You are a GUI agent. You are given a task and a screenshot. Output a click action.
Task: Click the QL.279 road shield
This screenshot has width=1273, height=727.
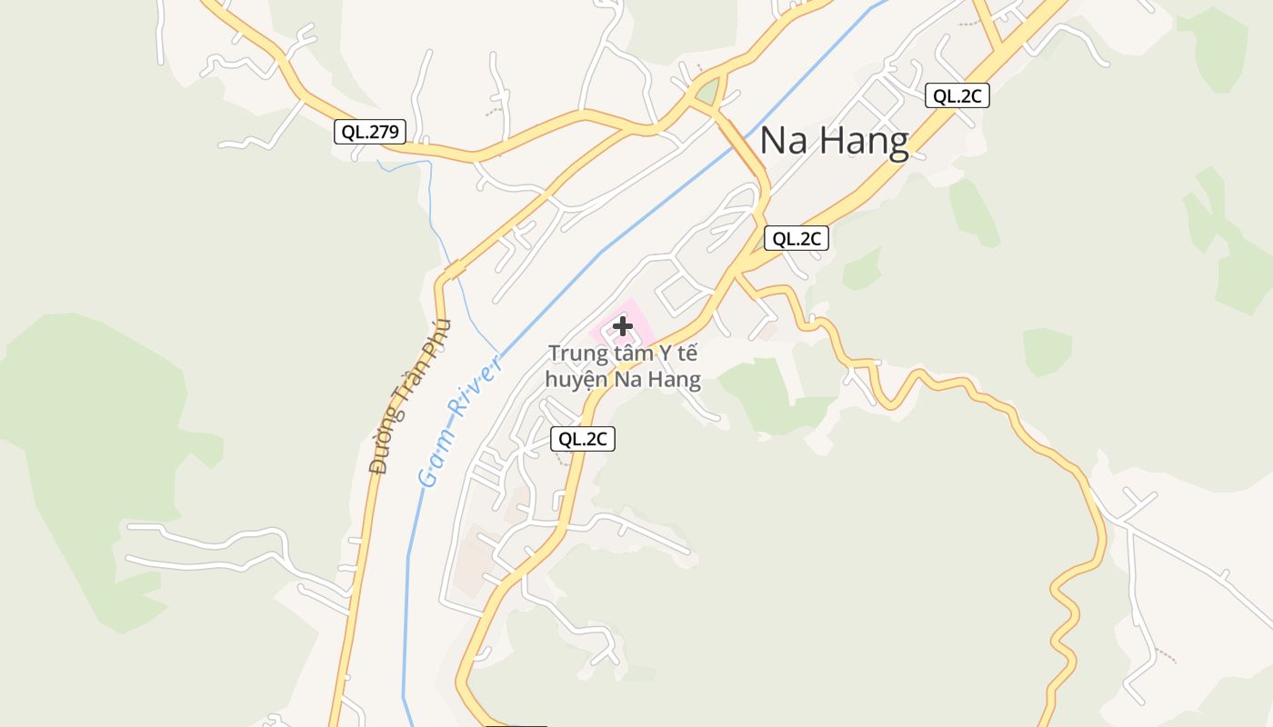pos(369,132)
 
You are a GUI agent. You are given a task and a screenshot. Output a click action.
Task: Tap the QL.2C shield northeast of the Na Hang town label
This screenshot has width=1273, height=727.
pos(957,95)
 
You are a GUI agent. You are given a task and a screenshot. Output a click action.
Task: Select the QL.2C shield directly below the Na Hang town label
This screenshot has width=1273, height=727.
pos(796,238)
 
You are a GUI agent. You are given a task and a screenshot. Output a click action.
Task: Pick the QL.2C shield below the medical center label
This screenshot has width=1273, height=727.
pos(583,439)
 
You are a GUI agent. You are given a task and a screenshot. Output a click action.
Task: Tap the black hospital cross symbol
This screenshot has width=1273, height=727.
pos(623,325)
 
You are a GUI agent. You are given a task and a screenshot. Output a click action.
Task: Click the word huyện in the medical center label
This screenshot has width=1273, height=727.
pos(576,379)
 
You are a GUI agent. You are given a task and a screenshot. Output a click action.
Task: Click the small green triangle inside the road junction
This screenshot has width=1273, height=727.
pos(707,92)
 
